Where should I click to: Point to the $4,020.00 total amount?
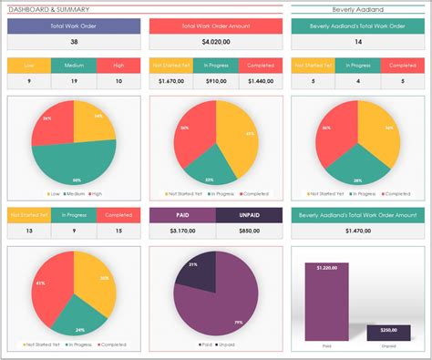click(214, 42)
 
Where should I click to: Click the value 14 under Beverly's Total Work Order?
click(356, 42)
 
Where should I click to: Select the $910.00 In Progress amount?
click(215, 82)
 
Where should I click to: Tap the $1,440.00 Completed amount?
click(258, 82)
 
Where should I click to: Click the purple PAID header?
click(181, 216)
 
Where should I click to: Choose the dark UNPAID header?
click(249, 216)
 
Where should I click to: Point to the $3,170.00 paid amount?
click(181, 231)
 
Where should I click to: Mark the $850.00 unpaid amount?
click(249, 231)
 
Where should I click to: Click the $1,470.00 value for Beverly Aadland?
click(356, 231)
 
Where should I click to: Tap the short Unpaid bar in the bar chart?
click(388, 334)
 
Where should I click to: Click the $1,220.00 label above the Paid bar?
click(325, 268)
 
